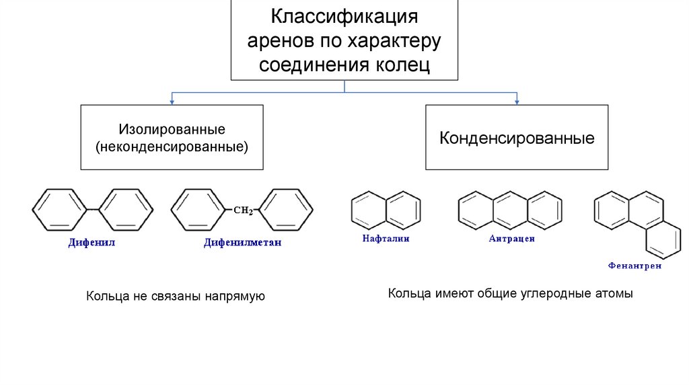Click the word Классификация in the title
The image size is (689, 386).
[x=344, y=15]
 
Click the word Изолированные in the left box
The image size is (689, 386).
[x=172, y=128]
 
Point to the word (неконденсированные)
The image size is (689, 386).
[x=172, y=145]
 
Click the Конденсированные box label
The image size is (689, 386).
[x=517, y=139]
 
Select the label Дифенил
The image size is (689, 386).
[x=92, y=243]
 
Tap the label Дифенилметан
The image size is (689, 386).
[x=242, y=243]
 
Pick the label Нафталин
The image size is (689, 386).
[x=386, y=239]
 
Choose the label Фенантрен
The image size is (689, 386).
[x=634, y=266]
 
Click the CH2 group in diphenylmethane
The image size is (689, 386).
[x=242, y=210]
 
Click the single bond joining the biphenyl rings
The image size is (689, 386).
[x=92, y=210]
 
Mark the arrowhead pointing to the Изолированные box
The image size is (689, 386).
[x=172, y=102]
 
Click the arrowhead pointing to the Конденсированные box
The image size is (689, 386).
[x=517, y=102]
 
